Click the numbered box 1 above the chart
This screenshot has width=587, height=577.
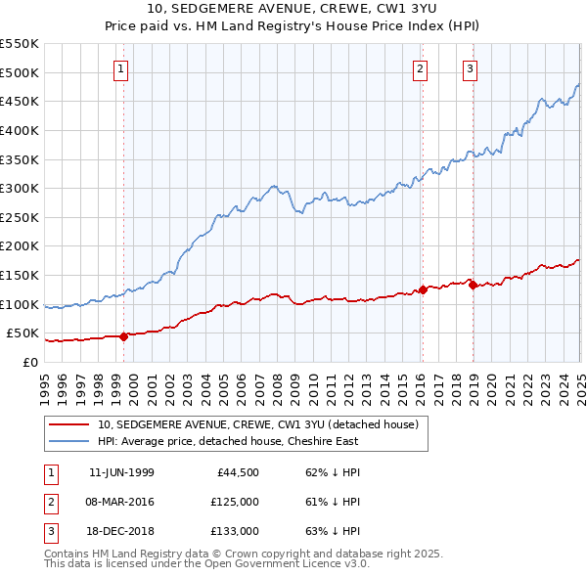[x=119, y=68]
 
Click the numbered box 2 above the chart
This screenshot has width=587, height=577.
[x=419, y=68]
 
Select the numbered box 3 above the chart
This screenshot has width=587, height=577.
[x=471, y=68]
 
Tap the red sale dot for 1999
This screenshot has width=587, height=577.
[x=123, y=336]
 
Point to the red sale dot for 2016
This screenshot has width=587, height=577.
[x=423, y=289]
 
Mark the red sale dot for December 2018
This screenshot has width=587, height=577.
[x=473, y=285]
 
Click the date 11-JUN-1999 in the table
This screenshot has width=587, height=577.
[x=121, y=472]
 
